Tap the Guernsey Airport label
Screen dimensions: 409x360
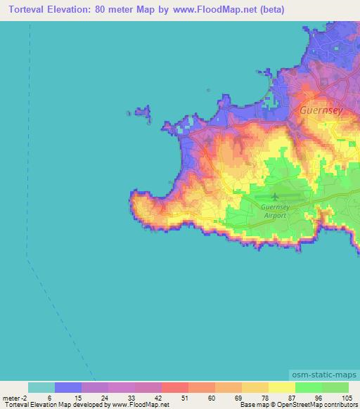coord(274,212)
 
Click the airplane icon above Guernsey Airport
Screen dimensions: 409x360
coord(274,197)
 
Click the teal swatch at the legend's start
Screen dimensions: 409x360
coord(41,387)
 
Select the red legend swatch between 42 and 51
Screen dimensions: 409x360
coord(175,387)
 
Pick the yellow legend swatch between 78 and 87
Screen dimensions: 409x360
coord(282,387)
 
